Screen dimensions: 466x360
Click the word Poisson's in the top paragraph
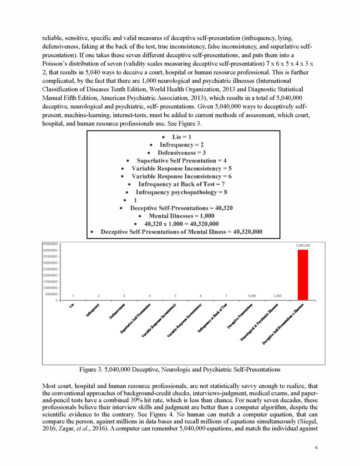55,71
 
